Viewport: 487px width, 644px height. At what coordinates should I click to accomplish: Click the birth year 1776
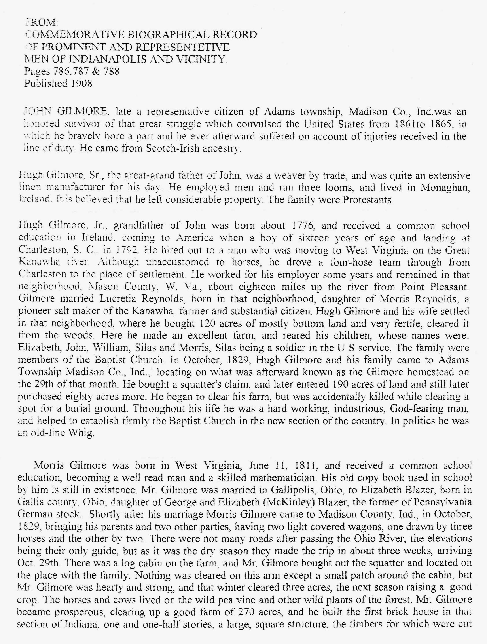(303, 226)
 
